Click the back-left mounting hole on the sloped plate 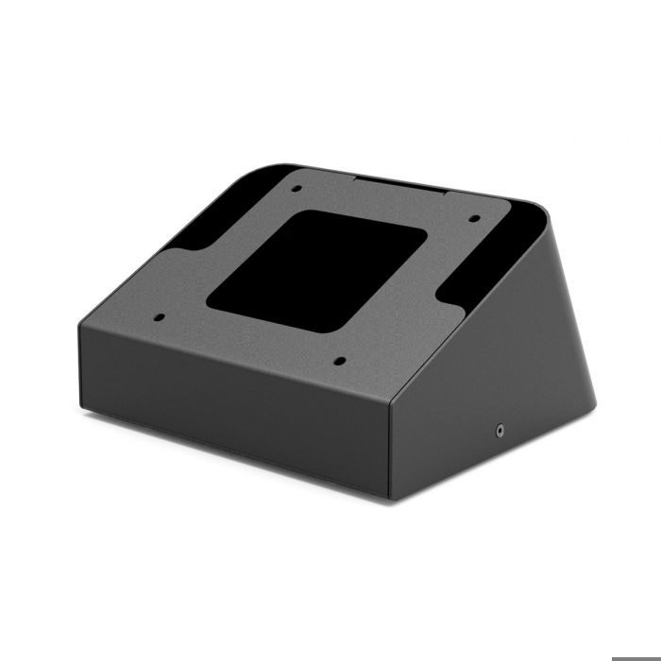296,189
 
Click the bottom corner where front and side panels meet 391,499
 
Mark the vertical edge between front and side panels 390,444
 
